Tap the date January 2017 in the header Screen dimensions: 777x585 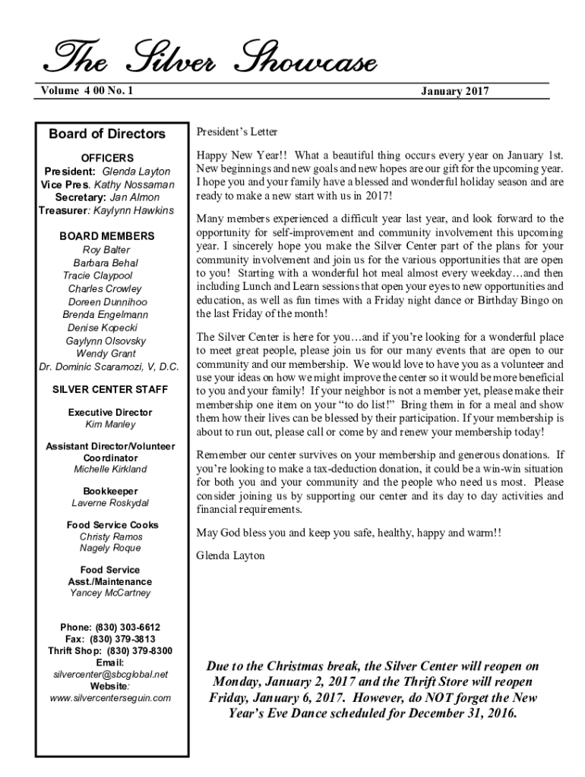click(x=455, y=92)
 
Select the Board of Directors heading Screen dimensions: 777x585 click(x=107, y=134)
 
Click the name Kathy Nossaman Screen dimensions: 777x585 click(x=134, y=184)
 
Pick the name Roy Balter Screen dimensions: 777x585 click(x=106, y=250)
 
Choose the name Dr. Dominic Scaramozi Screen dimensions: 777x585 click(x=109, y=367)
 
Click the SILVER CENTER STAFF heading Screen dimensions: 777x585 click(x=110, y=390)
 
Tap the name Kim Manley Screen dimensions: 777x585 click(x=110, y=425)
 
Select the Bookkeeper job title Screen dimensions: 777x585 click(x=110, y=491)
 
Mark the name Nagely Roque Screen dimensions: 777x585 click(x=110, y=548)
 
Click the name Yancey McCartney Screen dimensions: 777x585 click(x=110, y=593)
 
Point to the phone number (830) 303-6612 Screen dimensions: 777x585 click(x=127, y=627)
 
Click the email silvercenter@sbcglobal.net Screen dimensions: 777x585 click(x=111, y=674)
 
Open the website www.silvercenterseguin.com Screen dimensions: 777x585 click(x=111, y=697)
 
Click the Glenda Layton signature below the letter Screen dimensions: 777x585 click(x=230, y=555)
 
